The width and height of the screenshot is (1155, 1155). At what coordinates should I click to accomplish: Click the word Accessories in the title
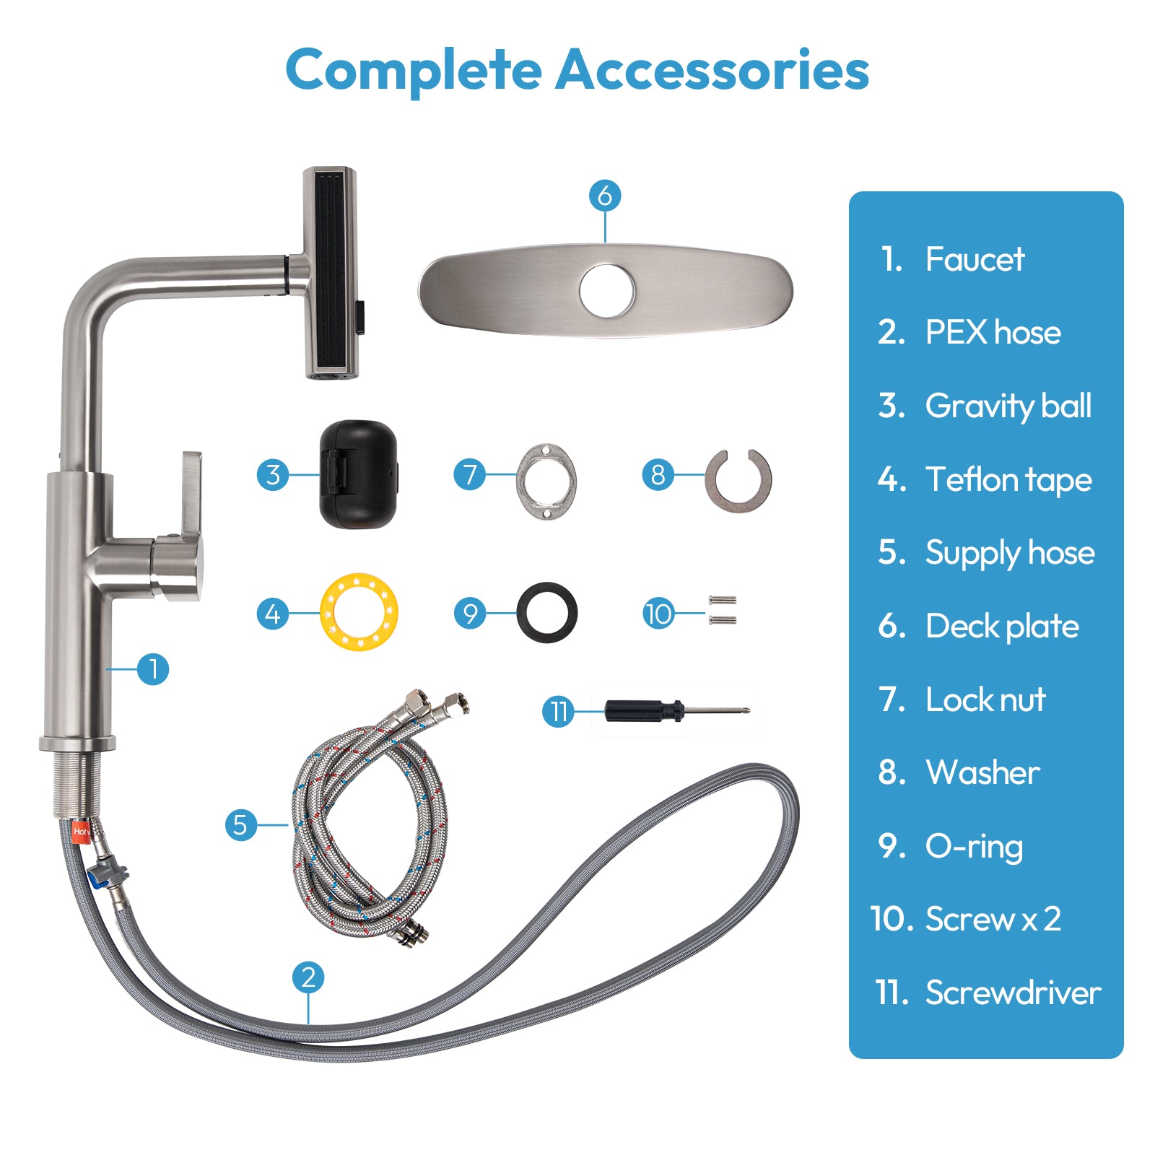tap(712, 70)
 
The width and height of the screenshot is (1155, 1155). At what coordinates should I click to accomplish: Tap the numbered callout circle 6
tap(605, 195)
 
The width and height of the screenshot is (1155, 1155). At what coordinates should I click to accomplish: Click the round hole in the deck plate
tap(607, 292)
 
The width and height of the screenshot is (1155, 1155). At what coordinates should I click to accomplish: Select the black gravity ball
tap(358, 474)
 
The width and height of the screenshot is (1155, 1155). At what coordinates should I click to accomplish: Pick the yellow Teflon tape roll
tap(359, 612)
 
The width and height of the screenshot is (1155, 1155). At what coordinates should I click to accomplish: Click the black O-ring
tap(547, 612)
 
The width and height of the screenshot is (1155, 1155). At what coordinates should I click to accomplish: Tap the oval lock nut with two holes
tap(546, 481)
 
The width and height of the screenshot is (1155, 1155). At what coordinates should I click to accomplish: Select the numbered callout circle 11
tap(558, 712)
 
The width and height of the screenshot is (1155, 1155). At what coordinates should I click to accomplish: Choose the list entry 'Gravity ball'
tap(1008, 406)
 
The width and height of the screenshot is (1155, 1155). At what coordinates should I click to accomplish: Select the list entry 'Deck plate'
tap(1002, 626)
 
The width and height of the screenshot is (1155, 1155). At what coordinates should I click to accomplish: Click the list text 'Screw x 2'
tap(993, 919)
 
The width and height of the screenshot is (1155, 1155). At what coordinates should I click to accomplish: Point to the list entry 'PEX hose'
tap(993, 332)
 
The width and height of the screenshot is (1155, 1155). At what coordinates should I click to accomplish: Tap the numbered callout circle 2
tap(308, 977)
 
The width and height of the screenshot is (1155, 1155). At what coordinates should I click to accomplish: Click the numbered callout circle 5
tap(240, 824)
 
